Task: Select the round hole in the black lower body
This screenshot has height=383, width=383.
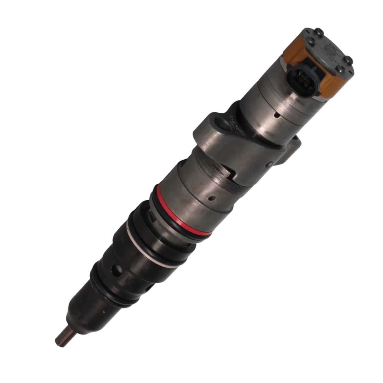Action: click(118, 269)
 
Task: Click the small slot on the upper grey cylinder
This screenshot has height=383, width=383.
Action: click(277, 116)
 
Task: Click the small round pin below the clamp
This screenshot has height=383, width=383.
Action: click(269, 163)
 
